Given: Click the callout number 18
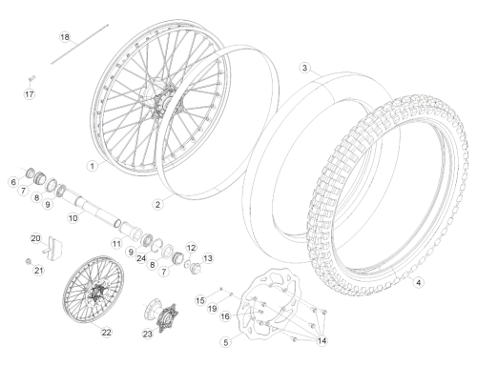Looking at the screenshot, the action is coord(65,37).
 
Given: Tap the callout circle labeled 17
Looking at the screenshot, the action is coord(30,94).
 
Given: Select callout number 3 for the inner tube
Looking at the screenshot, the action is coord(305,68).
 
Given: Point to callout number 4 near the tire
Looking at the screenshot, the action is coord(419,282).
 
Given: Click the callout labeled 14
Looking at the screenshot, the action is coord(321,340).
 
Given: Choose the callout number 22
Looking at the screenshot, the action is coord(106,333).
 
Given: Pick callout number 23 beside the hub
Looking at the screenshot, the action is coord(148,334).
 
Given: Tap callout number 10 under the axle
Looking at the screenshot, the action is coord(73,218).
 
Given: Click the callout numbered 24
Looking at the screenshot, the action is coord(141,258).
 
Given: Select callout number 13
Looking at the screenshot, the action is coord(208,258).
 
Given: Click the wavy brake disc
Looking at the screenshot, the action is coord(267,303).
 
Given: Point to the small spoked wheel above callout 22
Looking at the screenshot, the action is coord(93,289).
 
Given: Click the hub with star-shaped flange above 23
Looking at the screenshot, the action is coord(161,314).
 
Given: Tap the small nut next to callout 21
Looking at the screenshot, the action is coord(28,261).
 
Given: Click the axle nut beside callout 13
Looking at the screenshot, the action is coord(195,268).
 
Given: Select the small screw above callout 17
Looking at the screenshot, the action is coord(31,78).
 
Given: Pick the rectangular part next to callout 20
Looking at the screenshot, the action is coord(54,248).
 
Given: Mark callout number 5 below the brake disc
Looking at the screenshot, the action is coord(226,342).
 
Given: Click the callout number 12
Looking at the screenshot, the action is coord(191,248).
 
